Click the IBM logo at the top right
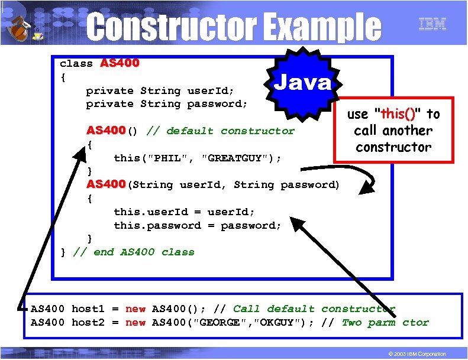[x=432, y=24]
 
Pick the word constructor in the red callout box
[x=393, y=147]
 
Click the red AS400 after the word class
[x=120, y=63]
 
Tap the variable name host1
[x=88, y=309]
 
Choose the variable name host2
[x=88, y=322]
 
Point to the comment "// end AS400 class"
[x=134, y=252]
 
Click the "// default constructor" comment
[x=220, y=131]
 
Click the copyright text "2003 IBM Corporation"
[x=418, y=353]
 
